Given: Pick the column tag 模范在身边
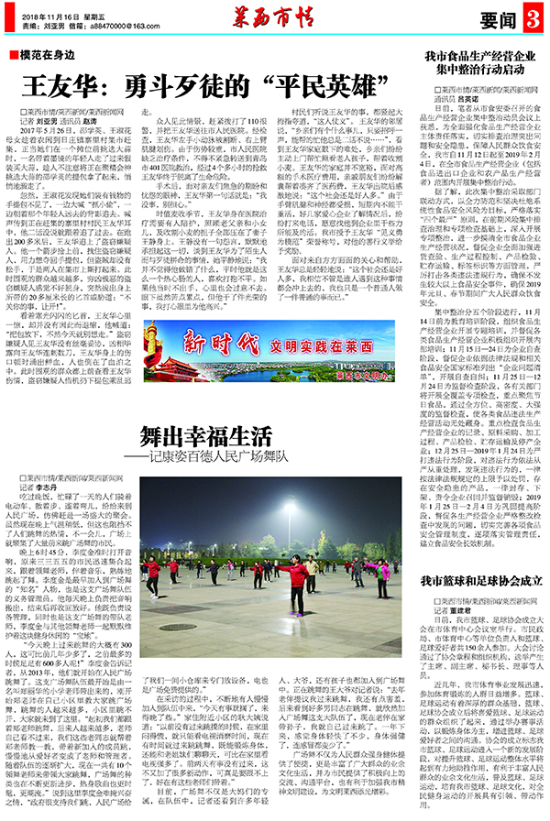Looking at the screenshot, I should [45, 57].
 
